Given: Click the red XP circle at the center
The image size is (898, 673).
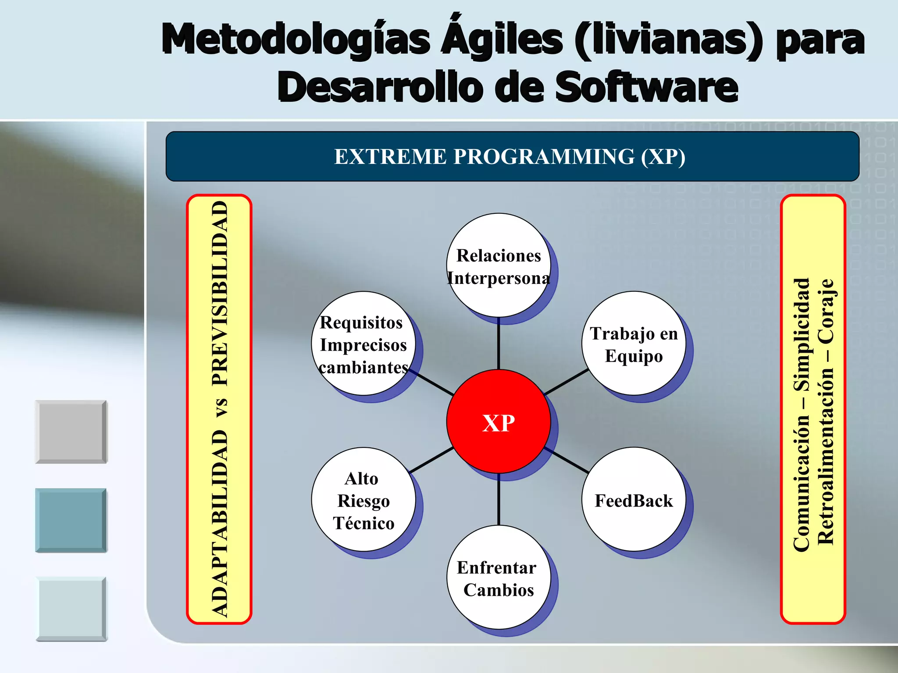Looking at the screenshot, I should click(x=498, y=422).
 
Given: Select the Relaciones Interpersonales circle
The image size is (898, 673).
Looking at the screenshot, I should click(x=498, y=266).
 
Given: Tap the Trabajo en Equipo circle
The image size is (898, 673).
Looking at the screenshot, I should click(x=633, y=344).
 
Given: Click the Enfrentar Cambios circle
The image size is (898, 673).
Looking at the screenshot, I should click(x=498, y=577).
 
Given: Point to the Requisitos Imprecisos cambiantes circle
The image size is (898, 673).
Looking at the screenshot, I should click(x=363, y=344).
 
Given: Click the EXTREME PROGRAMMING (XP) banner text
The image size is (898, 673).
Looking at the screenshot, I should click(x=510, y=156).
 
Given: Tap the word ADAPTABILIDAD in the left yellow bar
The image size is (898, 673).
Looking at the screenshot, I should click(x=220, y=524).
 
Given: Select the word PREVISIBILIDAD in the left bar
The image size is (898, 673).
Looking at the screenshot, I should click(x=220, y=293).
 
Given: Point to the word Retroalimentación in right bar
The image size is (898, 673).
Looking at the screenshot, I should click(x=826, y=456).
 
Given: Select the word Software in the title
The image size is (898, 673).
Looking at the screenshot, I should click(x=647, y=87).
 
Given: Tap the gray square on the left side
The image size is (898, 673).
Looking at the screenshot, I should click(x=71, y=432).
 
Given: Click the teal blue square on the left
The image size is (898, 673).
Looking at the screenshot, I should click(x=71, y=520).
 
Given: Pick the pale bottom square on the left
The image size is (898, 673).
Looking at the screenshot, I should click(x=71, y=609).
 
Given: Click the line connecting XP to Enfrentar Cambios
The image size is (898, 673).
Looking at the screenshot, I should click(x=499, y=499).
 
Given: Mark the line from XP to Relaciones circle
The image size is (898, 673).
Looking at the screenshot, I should click(x=499, y=344).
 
